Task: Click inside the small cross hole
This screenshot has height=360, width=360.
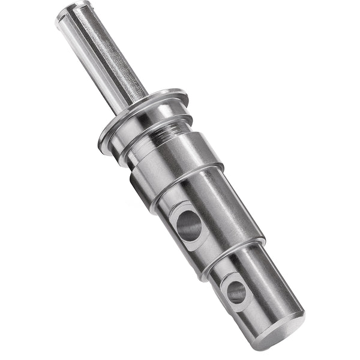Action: (x=236, y=292)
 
